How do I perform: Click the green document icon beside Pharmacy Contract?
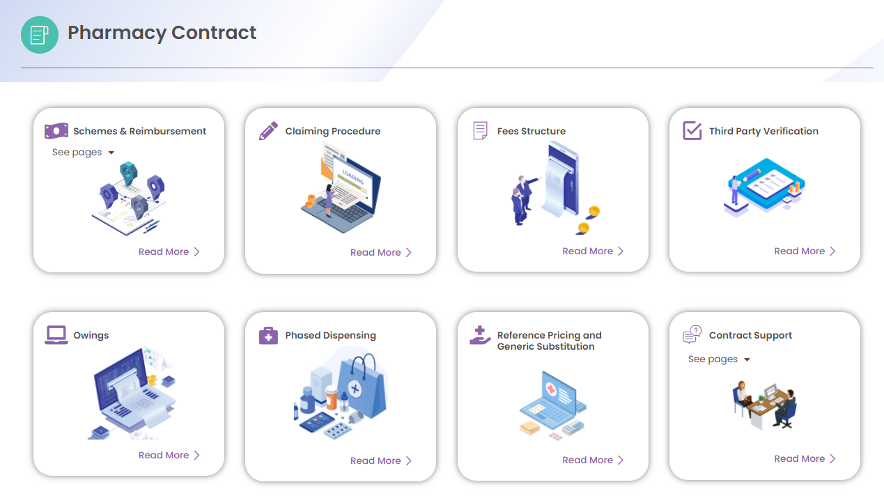pos(40,35)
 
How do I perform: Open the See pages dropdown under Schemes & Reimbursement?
pos(84,153)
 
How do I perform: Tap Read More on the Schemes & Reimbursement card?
pos(169,251)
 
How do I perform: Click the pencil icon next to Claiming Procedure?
pos(268,130)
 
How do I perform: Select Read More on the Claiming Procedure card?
pos(381,253)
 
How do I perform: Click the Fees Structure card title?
pos(532,131)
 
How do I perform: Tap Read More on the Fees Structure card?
pos(593,251)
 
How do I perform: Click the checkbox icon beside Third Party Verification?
pos(692,130)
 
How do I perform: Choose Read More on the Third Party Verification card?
pos(805,251)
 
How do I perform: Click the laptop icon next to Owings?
pos(56,335)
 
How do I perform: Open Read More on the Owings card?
pos(169,456)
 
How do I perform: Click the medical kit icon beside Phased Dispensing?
pos(268,335)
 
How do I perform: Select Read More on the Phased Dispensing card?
pos(381,461)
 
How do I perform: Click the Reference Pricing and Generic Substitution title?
pos(550,341)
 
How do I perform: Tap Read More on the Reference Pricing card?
pos(593,460)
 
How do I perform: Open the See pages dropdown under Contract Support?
pos(719,359)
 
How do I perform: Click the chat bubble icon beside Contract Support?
pos(692,334)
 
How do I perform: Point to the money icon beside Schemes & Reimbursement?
pos(56,130)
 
